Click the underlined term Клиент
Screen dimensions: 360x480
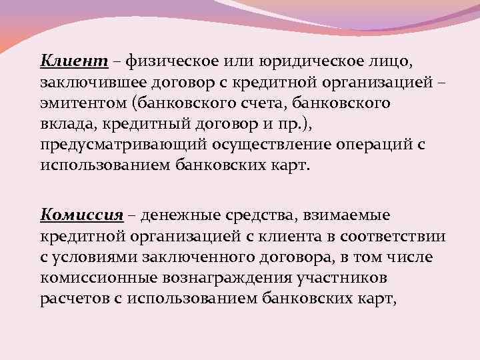73,63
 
